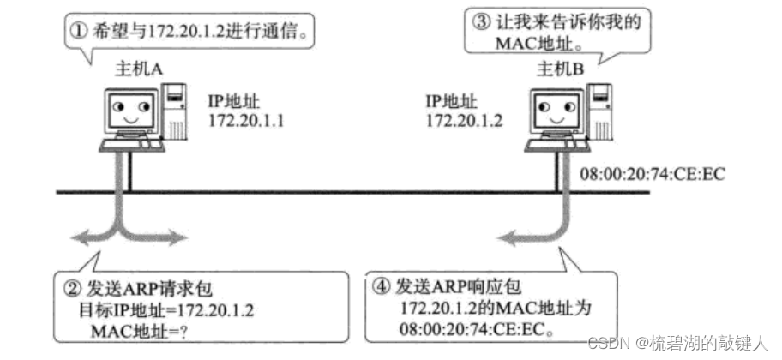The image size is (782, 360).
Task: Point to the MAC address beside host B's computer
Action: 653,175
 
